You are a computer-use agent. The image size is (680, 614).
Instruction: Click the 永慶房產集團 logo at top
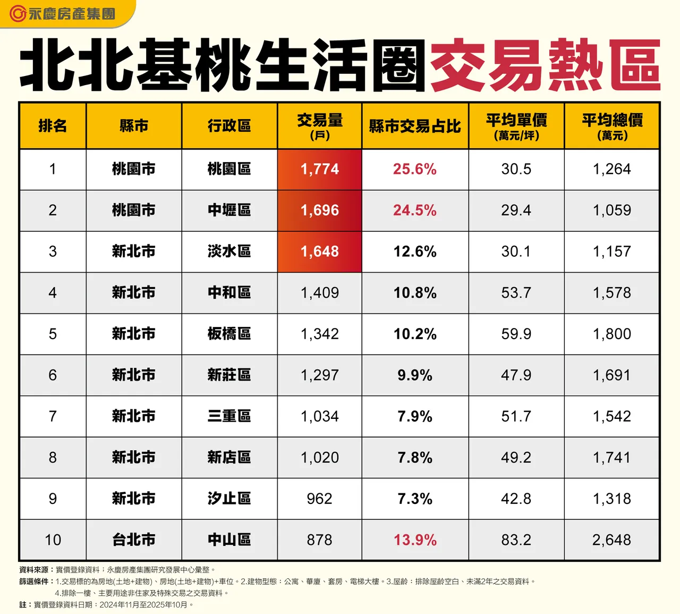point(63,14)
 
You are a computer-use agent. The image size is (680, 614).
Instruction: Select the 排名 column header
point(53,126)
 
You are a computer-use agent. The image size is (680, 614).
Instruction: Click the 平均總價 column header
point(612,126)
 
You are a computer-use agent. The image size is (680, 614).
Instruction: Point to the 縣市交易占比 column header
point(415,126)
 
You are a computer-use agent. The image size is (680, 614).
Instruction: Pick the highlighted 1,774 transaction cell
point(320,169)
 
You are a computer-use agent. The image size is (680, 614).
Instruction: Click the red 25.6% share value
point(415,169)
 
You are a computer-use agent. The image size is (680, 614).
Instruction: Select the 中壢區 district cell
point(229,210)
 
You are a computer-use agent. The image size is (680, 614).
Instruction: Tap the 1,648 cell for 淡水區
point(320,251)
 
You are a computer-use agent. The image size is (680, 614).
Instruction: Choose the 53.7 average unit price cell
point(516,292)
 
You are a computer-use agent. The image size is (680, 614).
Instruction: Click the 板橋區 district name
point(229,334)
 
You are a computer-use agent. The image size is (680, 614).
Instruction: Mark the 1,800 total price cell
point(612,334)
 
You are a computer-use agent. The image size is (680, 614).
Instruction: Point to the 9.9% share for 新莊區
point(415,375)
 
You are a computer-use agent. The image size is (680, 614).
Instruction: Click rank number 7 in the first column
point(53,416)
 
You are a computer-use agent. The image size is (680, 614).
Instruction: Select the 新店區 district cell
point(229,457)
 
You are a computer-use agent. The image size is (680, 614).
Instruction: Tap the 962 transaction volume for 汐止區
point(320,499)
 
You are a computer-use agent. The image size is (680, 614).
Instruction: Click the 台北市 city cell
point(134,540)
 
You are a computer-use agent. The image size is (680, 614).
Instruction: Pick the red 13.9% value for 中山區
point(415,540)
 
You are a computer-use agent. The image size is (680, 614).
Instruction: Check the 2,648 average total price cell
point(612,540)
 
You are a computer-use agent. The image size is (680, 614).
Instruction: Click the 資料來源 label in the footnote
point(34,569)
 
